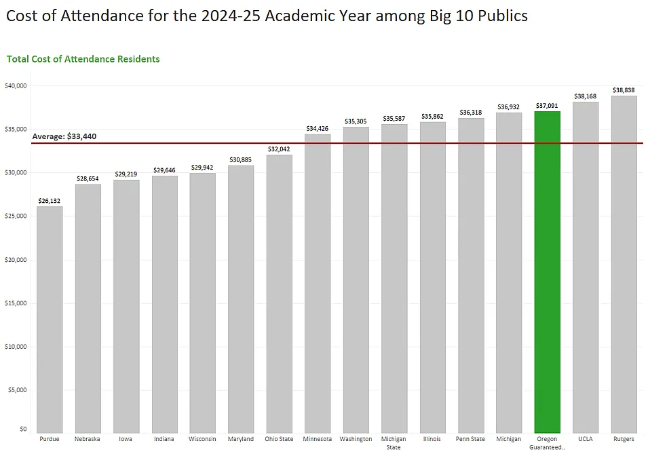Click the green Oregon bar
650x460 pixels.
(x=547, y=271)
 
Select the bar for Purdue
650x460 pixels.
(x=50, y=319)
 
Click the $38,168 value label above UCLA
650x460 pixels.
(x=586, y=96)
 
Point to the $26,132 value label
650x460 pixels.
(x=50, y=201)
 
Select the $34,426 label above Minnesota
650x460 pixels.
(x=317, y=128)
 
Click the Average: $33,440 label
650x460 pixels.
(x=64, y=136)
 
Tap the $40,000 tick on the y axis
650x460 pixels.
(x=15, y=85)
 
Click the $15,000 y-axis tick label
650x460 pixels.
(x=15, y=303)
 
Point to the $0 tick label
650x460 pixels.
(x=23, y=429)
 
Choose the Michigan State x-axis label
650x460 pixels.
(x=394, y=443)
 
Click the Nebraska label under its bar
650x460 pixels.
(x=88, y=439)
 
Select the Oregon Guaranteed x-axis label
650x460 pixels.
(x=547, y=443)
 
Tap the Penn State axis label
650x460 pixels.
(x=471, y=439)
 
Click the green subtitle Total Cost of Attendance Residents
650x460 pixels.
(x=83, y=59)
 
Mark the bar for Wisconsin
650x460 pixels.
(x=202, y=303)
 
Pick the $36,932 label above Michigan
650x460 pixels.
(x=509, y=107)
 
